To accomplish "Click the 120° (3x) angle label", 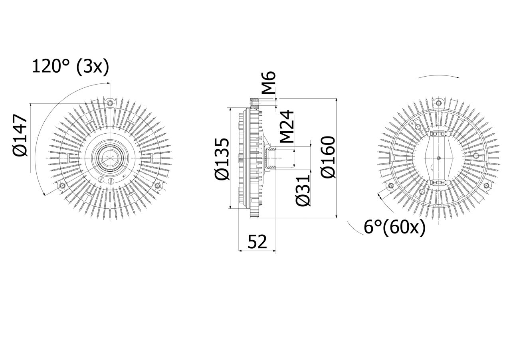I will click(x=70, y=67).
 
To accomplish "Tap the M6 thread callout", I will click(x=270, y=83).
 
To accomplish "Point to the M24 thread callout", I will click(x=287, y=127).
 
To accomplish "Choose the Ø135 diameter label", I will click(x=222, y=159).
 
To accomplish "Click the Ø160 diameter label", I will click(x=328, y=157).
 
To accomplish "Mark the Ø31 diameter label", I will click(x=303, y=190).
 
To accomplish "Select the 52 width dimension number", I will click(x=257, y=241).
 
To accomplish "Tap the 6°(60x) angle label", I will click(x=394, y=227).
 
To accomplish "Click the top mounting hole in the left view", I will click(x=111, y=103).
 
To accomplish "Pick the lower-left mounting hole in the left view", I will click(x=62, y=186).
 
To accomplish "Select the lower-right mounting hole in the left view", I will click(x=158, y=186).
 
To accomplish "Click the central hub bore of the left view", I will click(x=109, y=158).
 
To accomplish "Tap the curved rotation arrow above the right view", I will click(x=438, y=76).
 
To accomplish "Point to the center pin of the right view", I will click(x=439, y=158).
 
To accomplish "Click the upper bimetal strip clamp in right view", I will click(x=439, y=135).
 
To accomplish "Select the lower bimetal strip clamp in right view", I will click(x=439, y=183).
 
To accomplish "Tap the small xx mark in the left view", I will click(x=124, y=176).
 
